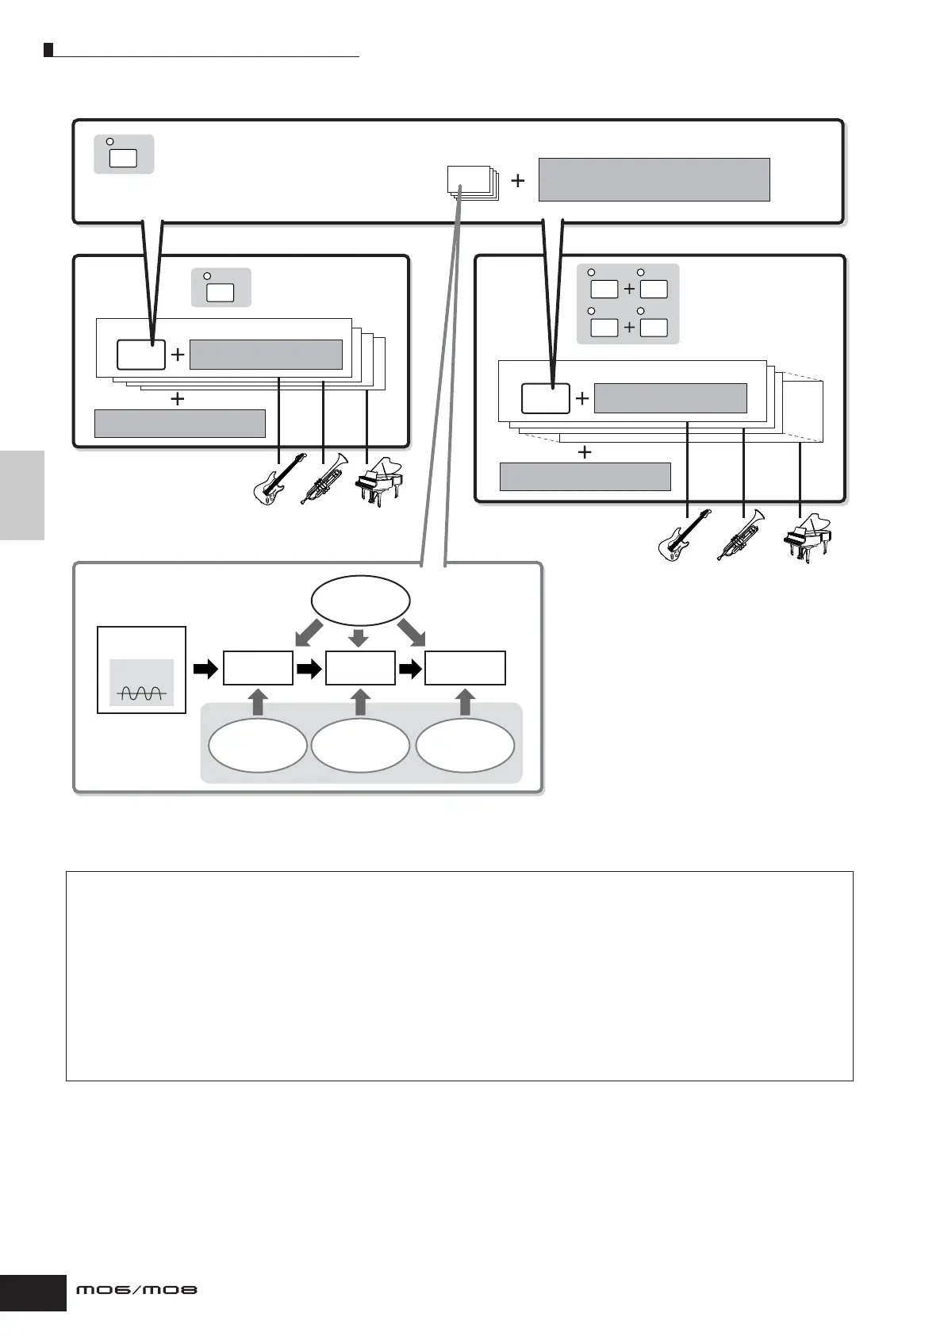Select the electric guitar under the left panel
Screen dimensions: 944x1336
click(279, 478)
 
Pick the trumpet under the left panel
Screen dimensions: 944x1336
click(324, 478)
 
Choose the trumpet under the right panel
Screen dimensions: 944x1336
click(742, 535)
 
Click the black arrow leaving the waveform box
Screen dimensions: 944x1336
click(205, 670)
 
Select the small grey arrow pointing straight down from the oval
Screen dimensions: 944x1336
click(359, 638)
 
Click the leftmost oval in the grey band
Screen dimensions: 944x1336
click(257, 747)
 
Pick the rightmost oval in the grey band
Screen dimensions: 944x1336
click(465, 747)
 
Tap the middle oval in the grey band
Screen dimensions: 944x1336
click(360, 747)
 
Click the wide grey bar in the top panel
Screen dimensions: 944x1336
click(654, 179)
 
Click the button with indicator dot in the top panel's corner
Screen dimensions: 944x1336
click(123, 156)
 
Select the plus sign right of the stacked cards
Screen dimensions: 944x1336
click(518, 181)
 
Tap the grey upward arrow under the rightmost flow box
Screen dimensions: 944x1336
click(466, 702)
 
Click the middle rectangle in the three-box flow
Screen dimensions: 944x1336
click(360, 668)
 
